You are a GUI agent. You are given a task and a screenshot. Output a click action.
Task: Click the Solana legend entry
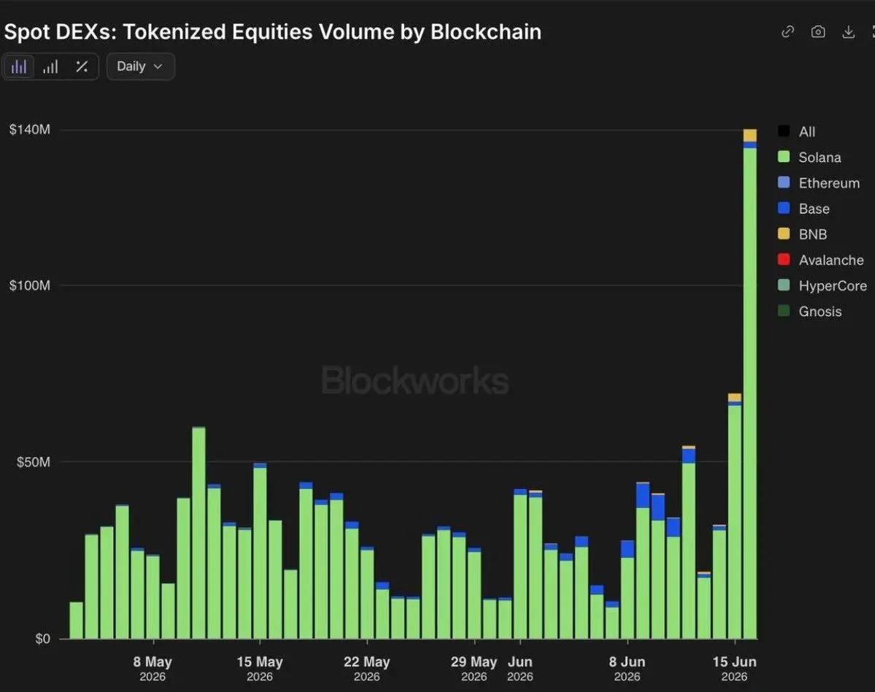809,158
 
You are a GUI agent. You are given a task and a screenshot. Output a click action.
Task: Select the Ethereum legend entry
819,183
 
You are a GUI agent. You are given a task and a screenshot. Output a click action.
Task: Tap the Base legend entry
803,209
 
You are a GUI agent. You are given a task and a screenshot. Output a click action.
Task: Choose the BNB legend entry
803,234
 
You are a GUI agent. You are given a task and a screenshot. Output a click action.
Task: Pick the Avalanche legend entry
820,260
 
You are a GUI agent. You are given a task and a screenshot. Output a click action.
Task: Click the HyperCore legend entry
822,285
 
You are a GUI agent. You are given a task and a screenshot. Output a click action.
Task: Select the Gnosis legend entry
810,312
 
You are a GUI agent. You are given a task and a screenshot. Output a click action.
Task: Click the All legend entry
796,131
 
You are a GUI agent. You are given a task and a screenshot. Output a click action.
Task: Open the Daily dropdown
141,66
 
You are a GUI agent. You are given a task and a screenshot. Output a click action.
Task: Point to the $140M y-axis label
30,129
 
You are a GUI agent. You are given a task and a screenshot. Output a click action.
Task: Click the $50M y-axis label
34,462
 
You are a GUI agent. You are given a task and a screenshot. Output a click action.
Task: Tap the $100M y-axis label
30,285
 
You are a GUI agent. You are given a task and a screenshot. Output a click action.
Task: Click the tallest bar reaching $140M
750,384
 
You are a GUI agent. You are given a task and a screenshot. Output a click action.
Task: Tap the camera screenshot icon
818,32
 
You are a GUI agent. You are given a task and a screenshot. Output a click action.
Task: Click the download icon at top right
848,32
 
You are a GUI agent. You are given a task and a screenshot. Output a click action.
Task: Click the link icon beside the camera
788,32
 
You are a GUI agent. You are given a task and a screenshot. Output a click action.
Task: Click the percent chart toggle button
82,67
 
